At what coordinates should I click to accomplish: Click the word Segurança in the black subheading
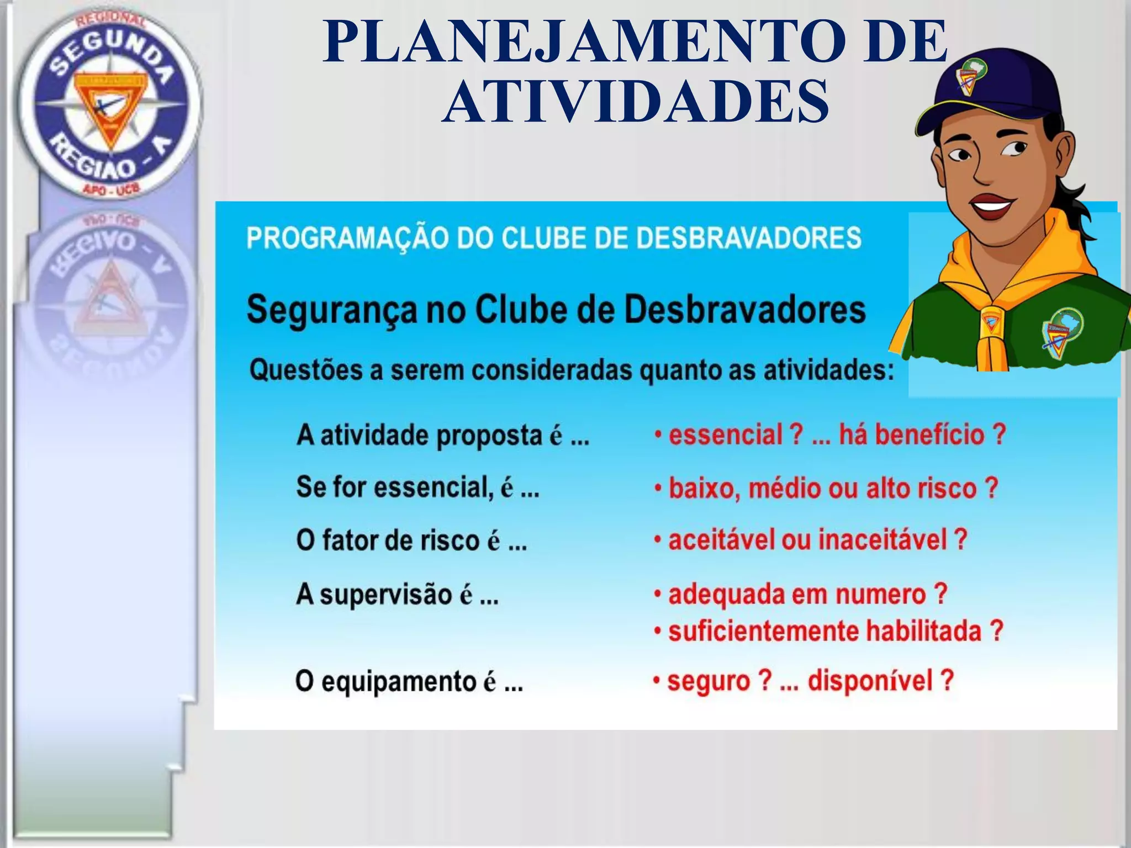[x=331, y=310]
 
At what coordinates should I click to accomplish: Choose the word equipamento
[x=398, y=682]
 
